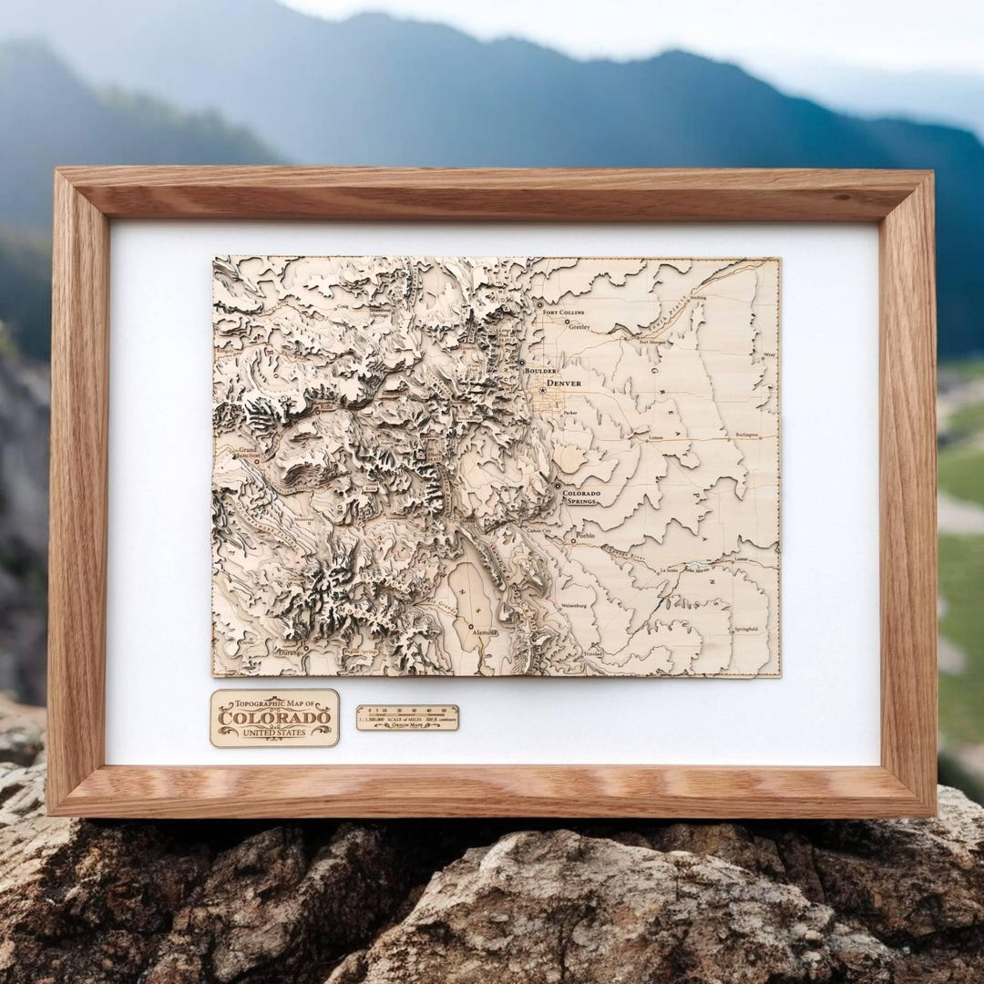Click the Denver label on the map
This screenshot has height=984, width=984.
(x=565, y=384)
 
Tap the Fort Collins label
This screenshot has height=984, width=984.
(x=563, y=313)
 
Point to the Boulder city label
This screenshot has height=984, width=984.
(x=538, y=372)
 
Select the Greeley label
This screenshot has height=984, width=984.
(x=579, y=325)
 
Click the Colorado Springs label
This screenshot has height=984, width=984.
(x=581, y=497)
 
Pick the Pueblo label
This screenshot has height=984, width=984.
(x=585, y=537)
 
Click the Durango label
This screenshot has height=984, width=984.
(x=290, y=652)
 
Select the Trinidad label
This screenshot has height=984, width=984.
(x=593, y=654)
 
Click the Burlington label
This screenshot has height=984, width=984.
(x=747, y=436)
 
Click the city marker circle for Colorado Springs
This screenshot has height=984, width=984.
(x=558, y=487)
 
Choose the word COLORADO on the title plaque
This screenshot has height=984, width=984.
(x=274, y=719)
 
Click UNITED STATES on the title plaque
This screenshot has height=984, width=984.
(x=274, y=732)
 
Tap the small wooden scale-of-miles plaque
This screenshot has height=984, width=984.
(x=407, y=717)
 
